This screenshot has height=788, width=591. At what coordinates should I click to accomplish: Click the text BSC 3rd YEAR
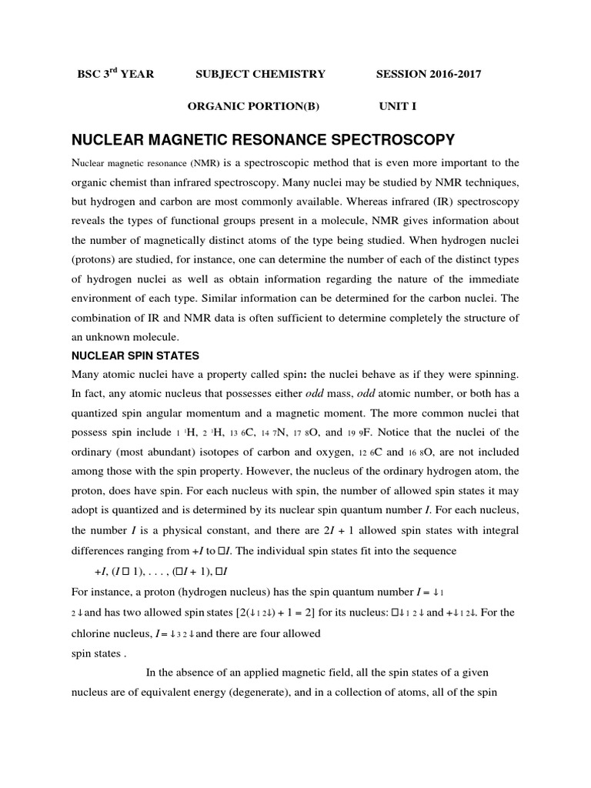115,74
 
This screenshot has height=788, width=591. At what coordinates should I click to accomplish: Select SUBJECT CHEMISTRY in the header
261,74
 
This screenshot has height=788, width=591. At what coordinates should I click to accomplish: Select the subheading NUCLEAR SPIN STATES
135,356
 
